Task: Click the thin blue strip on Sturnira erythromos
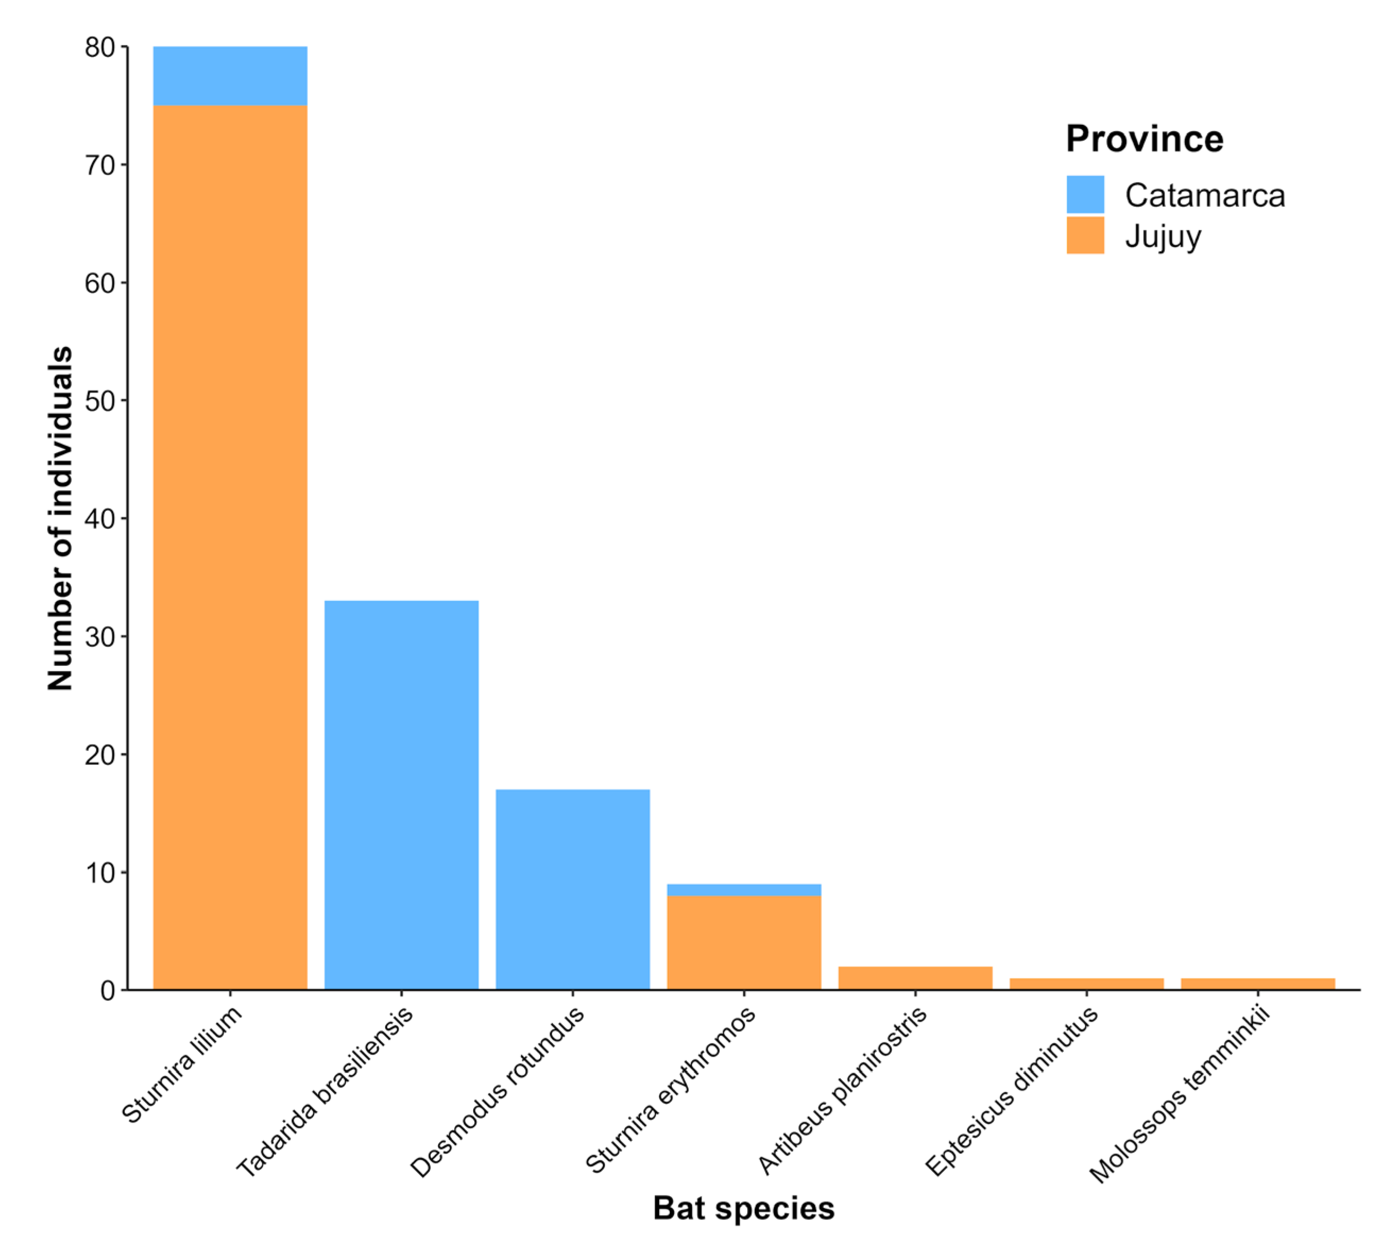point(744,890)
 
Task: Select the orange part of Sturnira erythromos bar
point(744,942)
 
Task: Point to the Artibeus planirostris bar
point(915,978)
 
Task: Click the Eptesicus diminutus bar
point(1086,984)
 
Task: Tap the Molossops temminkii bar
point(1257,984)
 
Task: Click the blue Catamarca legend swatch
point(1085,195)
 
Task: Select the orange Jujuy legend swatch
point(1085,235)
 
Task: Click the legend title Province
point(1144,139)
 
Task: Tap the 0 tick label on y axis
point(108,991)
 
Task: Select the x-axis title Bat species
point(743,1208)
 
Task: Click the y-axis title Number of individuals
point(60,518)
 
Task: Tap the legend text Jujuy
point(1163,237)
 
